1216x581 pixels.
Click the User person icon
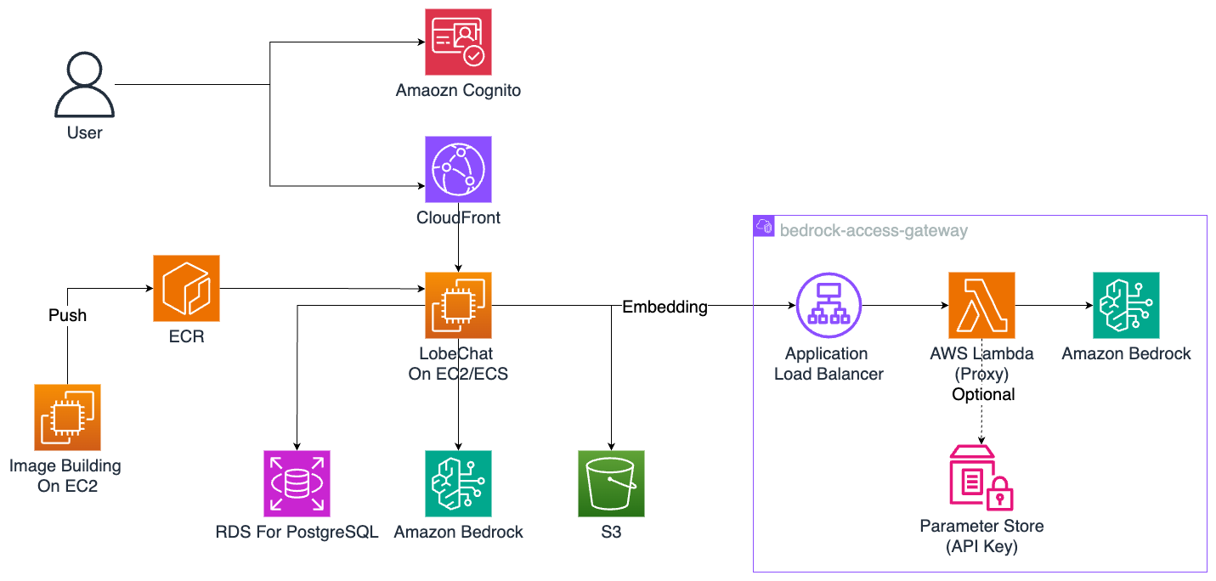(85, 85)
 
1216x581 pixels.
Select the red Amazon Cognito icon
(459, 42)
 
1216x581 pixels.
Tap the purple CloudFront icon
(459, 168)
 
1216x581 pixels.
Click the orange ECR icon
(186, 289)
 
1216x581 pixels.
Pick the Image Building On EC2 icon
(67, 417)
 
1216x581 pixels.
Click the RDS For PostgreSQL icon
(297, 483)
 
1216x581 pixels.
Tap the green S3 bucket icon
(611, 483)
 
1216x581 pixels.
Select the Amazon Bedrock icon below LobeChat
(459, 483)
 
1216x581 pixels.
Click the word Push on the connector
(67, 315)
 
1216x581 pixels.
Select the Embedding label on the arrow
(665, 307)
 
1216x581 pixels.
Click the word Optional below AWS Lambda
(983, 394)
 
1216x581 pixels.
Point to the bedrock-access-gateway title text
(874, 230)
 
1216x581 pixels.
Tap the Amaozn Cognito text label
(459, 90)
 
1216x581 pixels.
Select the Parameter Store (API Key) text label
(982, 536)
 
